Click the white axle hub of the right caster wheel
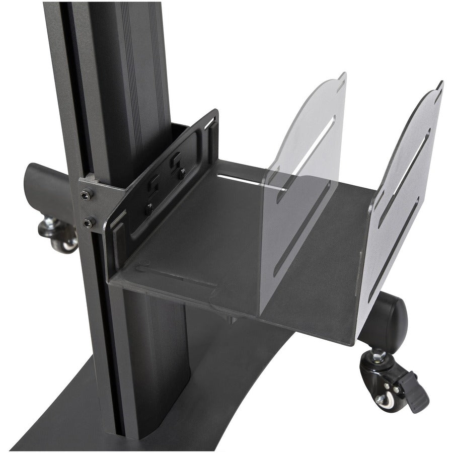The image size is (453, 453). [x=381, y=400]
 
